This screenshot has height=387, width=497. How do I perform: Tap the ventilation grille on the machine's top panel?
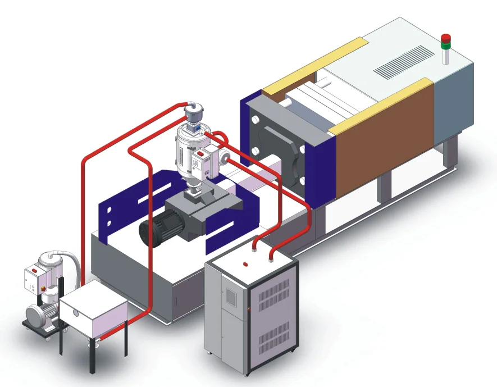tap(404, 62)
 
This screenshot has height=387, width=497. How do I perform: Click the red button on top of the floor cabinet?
tap(245, 262)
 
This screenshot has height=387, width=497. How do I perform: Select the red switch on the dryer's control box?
tap(200, 153)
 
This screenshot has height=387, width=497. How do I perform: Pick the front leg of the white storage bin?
tap(91, 356)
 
